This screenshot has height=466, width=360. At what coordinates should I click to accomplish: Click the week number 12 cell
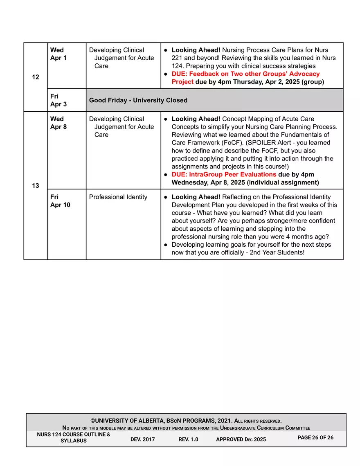click(x=36, y=77)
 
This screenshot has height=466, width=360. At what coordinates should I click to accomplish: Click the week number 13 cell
click(x=36, y=186)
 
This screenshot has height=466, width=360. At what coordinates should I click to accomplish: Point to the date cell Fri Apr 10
click(x=60, y=201)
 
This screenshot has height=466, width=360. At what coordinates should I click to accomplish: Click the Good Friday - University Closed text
click(x=138, y=100)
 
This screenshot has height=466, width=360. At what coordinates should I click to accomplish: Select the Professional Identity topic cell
click(x=118, y=197)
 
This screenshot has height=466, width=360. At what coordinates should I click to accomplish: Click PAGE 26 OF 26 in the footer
click(x=315, y=438)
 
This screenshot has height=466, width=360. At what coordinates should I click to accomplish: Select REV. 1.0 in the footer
click(x=188, y=439)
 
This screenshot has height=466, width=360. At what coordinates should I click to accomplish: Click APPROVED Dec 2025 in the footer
click(x=241, y=439)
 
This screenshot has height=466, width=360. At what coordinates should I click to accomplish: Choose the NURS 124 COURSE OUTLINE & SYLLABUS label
click(x=74, y=438)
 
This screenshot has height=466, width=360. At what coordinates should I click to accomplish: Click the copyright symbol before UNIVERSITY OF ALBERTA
click(x=93, y=421)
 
